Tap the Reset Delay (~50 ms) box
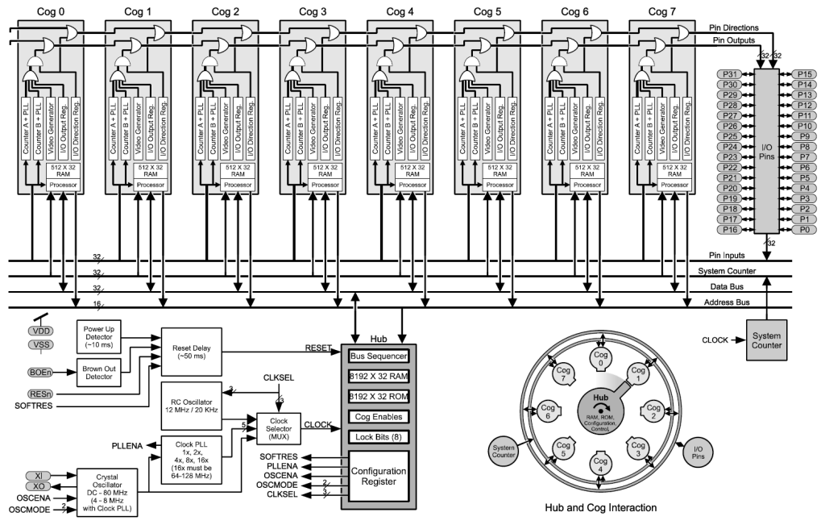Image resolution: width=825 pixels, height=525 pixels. pos(191,352)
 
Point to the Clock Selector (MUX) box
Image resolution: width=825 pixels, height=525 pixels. pos(279,428)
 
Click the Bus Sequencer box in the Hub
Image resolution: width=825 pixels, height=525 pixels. pos(379,356)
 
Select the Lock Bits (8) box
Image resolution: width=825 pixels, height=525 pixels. pos(379,436)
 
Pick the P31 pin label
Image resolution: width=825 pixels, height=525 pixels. pos(732,74)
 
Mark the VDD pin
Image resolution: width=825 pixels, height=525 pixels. pos(41,331)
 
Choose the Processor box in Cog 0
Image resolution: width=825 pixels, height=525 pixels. pos(56,185)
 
